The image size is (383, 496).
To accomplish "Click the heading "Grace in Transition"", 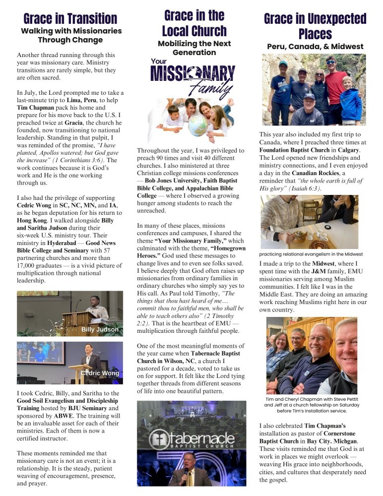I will click(x=70, y=19).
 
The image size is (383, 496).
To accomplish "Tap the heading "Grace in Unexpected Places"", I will click(x=315, y=26).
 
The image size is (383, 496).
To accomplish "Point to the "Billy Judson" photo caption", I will click(x=100, y=329).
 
